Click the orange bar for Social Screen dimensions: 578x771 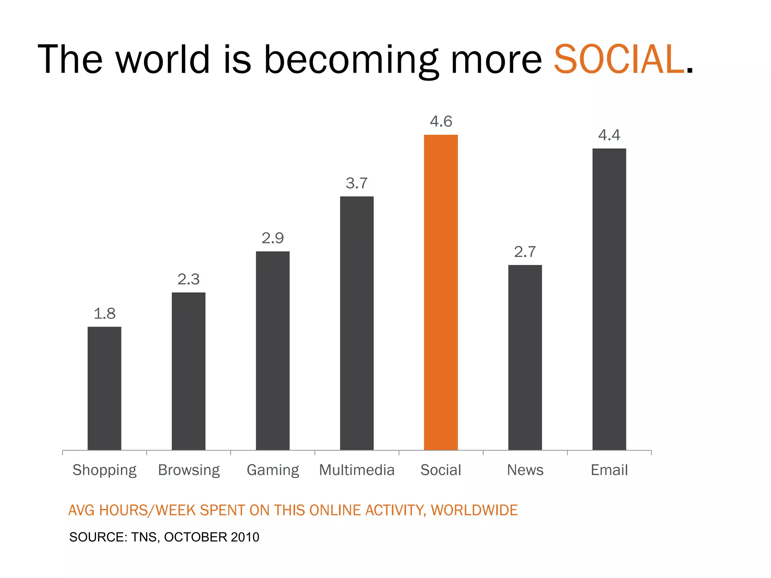pos(441,292)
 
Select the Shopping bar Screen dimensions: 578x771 pos(104,388)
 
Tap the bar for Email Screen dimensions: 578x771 pos(609,299)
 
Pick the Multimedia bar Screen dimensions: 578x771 pos(357,323)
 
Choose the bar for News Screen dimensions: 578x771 pos(525,357)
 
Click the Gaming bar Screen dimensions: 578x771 pos(273,350)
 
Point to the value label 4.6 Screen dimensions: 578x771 pos(441,122)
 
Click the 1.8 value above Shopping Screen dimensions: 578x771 pos(104,313)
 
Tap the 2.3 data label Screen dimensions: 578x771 pos(189,279)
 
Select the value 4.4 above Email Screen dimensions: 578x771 pos(609,135)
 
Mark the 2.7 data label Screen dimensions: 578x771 pos(525,252)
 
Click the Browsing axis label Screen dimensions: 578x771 pos(189,470)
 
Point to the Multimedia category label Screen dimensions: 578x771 pos(357,470)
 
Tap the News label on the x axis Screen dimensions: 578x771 pos(525,470)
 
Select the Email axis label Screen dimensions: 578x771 pos(609,470)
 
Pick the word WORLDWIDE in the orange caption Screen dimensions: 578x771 pos(474,510)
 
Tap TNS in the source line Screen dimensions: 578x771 pos(145,537)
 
